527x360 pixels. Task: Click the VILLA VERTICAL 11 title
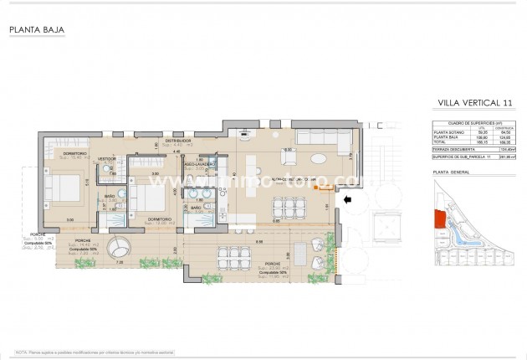click(475, 102)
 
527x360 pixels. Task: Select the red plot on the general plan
click(438, 220)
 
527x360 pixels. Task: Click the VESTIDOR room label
click(106, 157)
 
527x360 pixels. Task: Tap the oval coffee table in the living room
click(319, 158)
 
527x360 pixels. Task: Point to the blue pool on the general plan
click(465, 226)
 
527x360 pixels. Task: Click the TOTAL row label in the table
click(442, 141)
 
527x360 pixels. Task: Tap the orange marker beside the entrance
click(316, 190)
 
